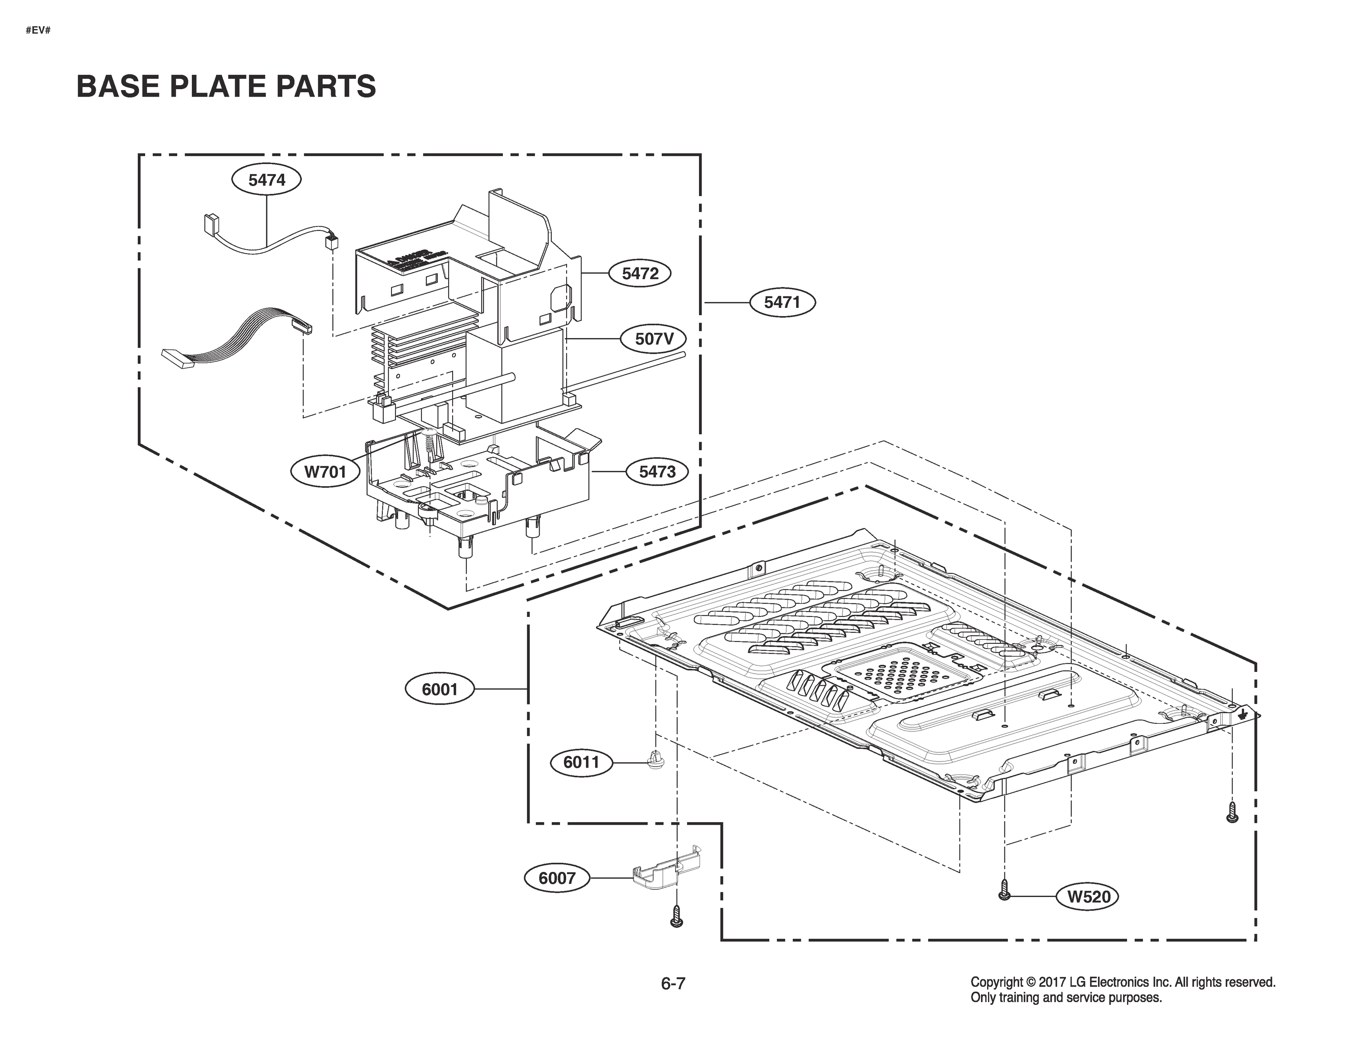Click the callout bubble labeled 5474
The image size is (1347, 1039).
pyautogui.click(x=266, y=180)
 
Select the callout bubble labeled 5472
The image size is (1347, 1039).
pyautogui.click(x=640, y=273)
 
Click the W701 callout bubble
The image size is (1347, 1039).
pyautogui.click(x=326, y=472)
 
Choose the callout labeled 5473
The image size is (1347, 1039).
pyautogui.click(x=657, y=472)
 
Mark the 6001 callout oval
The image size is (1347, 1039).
pyautogui.click(x=440, y=689)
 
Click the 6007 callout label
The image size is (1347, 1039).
pyautogui.click(x=556, y=878)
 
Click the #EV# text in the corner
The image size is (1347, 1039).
pyautogui.click(x=38, y=30)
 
